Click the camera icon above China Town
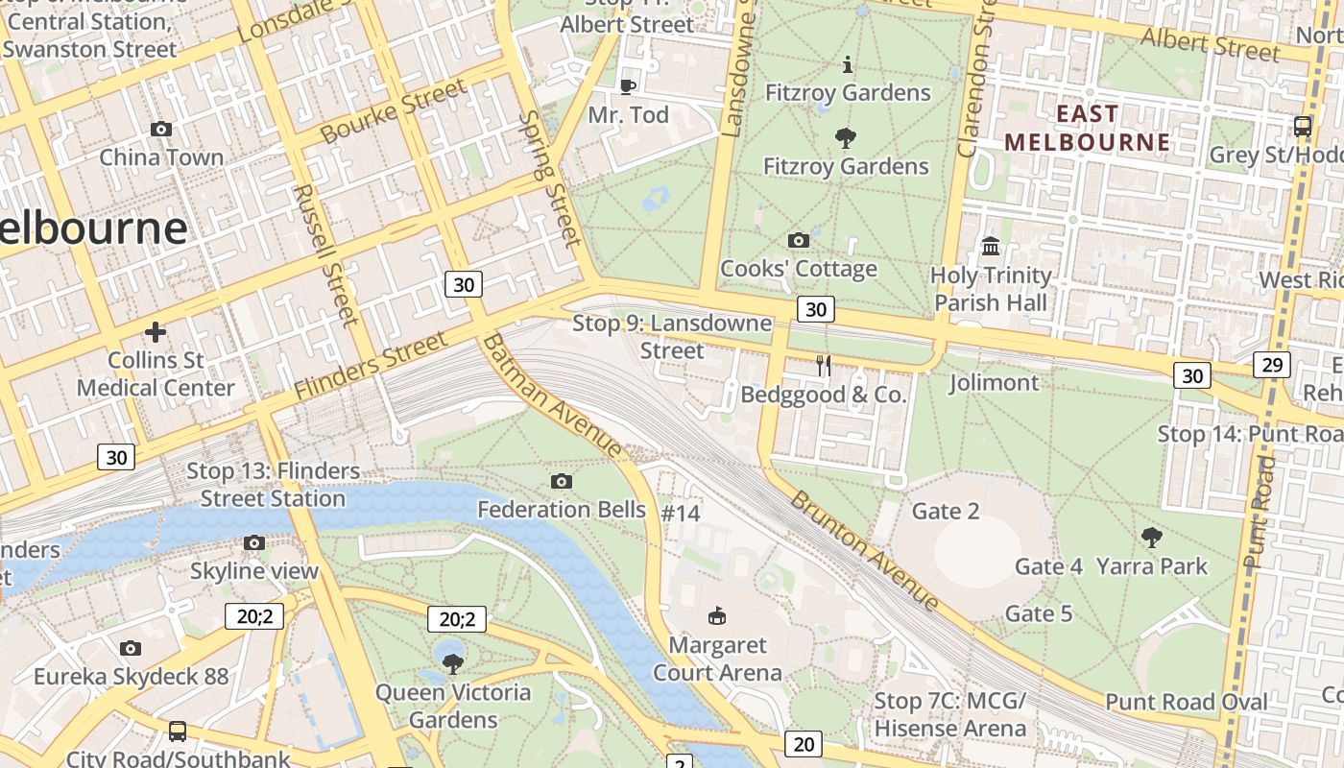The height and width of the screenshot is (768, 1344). [161, 129]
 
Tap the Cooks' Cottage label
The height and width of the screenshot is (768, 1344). [799, 268]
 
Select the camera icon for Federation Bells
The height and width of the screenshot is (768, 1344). [562, 481]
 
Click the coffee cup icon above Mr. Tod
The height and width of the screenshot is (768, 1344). [628, 86]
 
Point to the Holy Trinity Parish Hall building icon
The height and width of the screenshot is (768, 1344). [991, 247]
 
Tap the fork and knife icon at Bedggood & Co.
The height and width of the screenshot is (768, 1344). [823, 365]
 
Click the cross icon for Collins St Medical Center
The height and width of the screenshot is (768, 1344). [156, 332]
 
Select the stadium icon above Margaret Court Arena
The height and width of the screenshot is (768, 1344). [716, 615]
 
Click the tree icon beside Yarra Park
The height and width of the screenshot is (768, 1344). [1152, 538]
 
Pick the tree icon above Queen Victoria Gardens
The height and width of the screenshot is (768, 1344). [452, 663]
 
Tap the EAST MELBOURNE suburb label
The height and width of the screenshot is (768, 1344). [1088, 129]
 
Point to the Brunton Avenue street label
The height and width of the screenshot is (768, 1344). [864, 551]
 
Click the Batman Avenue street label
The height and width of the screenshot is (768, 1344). [553, 396]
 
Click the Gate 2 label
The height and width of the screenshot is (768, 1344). [946, 511]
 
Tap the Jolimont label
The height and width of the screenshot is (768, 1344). [994, 383]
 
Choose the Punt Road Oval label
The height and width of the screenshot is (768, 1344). [1187, 702]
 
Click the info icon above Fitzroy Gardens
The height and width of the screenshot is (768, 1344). [847, 64]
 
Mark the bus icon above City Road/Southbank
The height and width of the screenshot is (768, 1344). [178, 731]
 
